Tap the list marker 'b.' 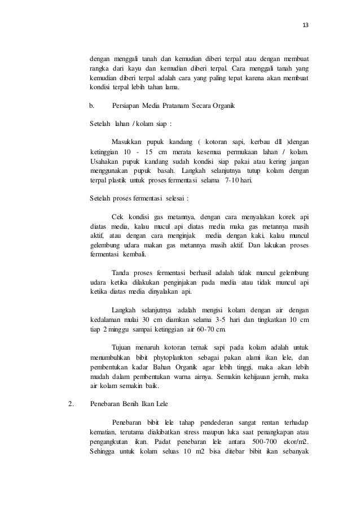[93, 106]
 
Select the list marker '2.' [71, 404]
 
